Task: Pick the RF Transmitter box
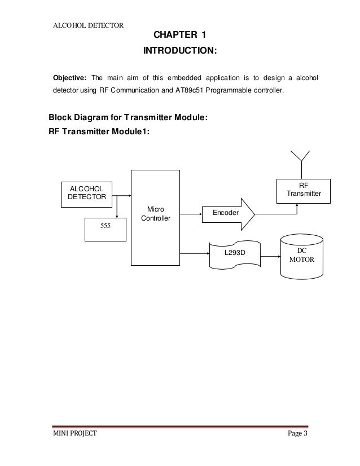pos(304,189)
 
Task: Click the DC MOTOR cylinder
pos(302,257)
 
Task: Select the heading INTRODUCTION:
pos(179,51)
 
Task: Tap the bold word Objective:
pos(69,77)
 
